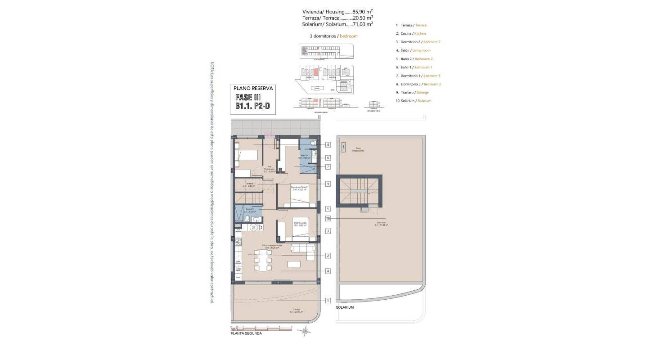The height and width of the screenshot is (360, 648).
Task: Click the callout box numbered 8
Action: pyautogui.click(x=328, y=145)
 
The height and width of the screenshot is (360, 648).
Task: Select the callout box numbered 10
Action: pyautogui.click(x=328, y=218)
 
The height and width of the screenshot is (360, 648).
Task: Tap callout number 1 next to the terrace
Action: pyautogui.click(x=328, y=301)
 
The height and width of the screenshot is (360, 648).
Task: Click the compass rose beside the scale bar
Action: pyautogui.click(x=305, y=332)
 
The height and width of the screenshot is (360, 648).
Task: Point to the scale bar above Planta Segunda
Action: pyautogui.click(x=261, y=328)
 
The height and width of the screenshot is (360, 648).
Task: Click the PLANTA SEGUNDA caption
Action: pyautogui.click(x=246, y=333)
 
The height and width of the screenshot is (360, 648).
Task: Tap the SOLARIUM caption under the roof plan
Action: pyautogui.click(x=345, y=307)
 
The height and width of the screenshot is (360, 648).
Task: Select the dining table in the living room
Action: pyautogui.click(x=263, y=260)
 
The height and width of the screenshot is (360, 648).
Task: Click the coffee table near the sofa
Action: pyautogui.click(x=295, y=263)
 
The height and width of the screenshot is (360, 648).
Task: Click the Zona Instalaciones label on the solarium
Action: pyautogui.click(x=358, y=149)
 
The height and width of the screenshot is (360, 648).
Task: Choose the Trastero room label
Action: pyautogui.click(x=249, y=184)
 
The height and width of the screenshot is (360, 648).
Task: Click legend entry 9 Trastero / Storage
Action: pyautogui.click(x=412, y=92)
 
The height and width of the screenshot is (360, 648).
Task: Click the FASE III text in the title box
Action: pyautogui.click(x=248, y=97)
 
